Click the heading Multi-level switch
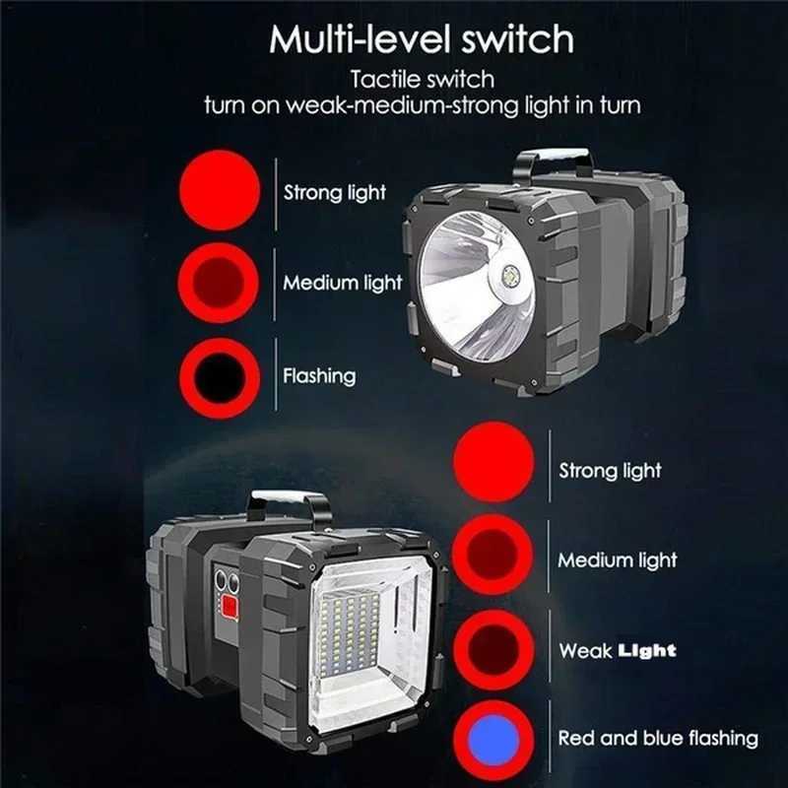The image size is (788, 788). [422, 39]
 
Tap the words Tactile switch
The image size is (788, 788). [422, 78]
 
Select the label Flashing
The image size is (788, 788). [319, 375]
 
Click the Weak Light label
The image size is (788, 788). [618, 650]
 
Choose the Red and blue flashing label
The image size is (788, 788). [658, 738]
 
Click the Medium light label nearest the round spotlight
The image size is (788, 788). [343, 283]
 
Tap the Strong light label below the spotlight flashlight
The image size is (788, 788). [610, 471]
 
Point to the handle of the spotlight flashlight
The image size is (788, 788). [553, 163]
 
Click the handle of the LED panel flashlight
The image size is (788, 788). [289, 504]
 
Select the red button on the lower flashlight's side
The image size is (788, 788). [230, 610]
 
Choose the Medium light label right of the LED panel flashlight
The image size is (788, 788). [618, 560]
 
